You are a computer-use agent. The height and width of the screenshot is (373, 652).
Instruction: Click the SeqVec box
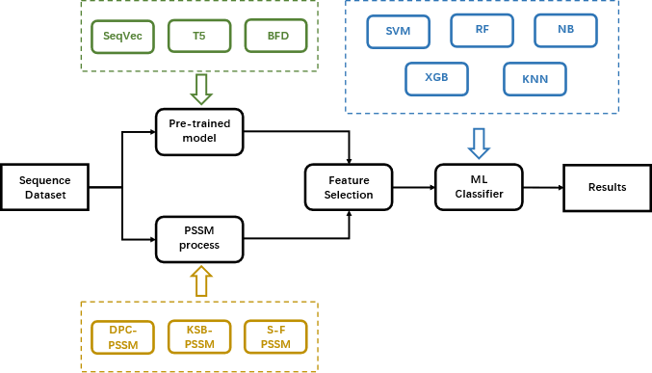(122, 37)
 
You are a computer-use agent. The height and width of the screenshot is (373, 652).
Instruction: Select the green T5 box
(198, 37)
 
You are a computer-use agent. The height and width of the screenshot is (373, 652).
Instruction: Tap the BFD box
(275, 37)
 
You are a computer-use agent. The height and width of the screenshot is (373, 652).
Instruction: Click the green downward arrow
(200, 89)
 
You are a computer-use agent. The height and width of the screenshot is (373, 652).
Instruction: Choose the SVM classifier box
(398, 31)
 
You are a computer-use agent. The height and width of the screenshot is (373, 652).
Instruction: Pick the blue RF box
(482, 30)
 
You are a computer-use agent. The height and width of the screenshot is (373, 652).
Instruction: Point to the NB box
(565, 30)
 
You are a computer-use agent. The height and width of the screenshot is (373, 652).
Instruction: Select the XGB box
(436, 78)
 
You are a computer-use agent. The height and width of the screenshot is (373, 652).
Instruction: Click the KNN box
(535, 79)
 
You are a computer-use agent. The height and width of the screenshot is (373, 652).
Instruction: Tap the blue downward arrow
(479, 143)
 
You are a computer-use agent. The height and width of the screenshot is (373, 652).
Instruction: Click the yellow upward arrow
(200, 281)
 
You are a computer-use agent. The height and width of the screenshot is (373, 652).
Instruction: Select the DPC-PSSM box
(122, 337)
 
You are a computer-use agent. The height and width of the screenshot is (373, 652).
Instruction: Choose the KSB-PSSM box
(198, 337)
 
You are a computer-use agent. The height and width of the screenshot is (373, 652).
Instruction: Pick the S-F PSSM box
(275, 337)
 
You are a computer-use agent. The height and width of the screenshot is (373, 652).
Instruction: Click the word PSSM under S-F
(275, 344)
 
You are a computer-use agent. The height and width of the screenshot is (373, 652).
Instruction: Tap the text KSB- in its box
(198, 330)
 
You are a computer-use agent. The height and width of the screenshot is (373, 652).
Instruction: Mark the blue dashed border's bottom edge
(482, 114)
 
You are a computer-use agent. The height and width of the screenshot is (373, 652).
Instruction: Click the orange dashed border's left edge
(81, 336)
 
